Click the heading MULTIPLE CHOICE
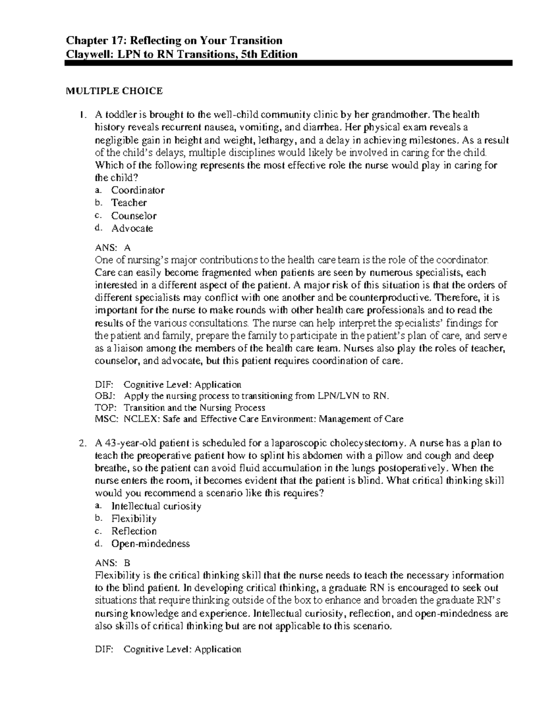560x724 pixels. (x=114, y=91)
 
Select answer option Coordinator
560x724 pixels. (x=138, y=190)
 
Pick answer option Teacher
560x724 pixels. (x=129, y=203)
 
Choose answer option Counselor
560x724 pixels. (x=133, y=216)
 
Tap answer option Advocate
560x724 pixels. (x=132, y=228)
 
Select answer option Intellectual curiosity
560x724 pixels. (x=156, y=506)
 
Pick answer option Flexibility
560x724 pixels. (x=133, y=519)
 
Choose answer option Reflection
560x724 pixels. (x=133, y=531)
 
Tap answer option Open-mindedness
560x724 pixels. (x=150, y=544)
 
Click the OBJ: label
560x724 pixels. (x=103, y=396)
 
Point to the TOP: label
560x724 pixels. (x=103, y=407)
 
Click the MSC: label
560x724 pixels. (x=104, y=419)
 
